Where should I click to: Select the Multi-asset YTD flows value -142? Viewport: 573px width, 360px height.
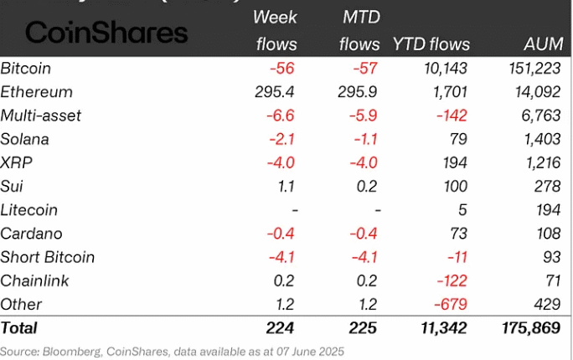click(450, 116)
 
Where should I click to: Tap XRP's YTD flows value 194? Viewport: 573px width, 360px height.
click(457, 162)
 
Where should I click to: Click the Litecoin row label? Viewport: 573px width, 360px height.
click(32, 210)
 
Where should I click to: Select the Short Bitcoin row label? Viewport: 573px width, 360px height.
click(48, 257)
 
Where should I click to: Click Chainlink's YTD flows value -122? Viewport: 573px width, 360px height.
click(450, 280)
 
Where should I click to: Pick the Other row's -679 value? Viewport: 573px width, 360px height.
click(450, 304)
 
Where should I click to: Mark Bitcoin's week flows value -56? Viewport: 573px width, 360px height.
click(283, 69)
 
